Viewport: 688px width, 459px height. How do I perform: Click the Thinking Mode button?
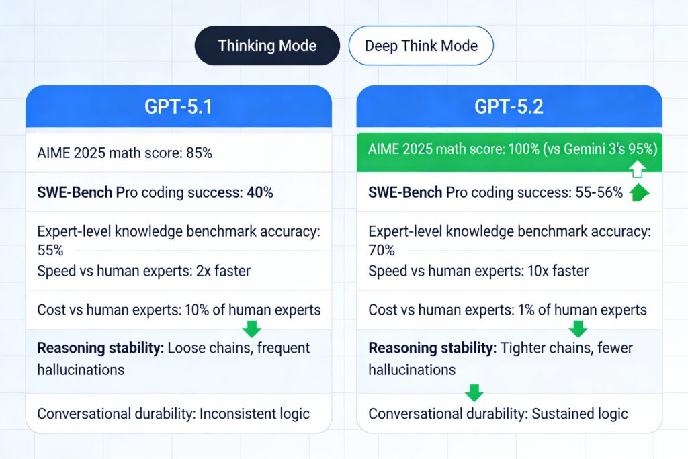(x=267, y=46)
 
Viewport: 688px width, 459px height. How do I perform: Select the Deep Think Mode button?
(x=421, y=46)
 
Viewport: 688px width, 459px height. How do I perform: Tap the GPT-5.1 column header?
(x=179, y=107)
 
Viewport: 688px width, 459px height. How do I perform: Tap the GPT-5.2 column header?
(x=509, y=107)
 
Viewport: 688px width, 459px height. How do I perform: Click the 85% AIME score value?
(x=199, y=153)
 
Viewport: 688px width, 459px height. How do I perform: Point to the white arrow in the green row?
(x=637, y=169)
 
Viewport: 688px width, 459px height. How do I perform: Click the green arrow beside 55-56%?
(x=640, y=192)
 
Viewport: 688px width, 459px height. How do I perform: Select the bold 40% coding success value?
(x=260, y=192)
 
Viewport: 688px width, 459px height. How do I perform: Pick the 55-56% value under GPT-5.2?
(x=599, y=192)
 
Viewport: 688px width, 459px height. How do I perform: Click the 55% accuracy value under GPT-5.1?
(x=50, y=250)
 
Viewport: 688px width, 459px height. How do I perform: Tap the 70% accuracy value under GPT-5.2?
(x=382, y=250)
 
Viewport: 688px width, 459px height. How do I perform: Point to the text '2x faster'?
(x=223, y=271)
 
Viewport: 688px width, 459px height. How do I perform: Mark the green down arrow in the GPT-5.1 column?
(x=252, y=329)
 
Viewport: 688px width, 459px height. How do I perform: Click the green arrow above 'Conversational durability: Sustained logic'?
(x=474, y=392)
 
